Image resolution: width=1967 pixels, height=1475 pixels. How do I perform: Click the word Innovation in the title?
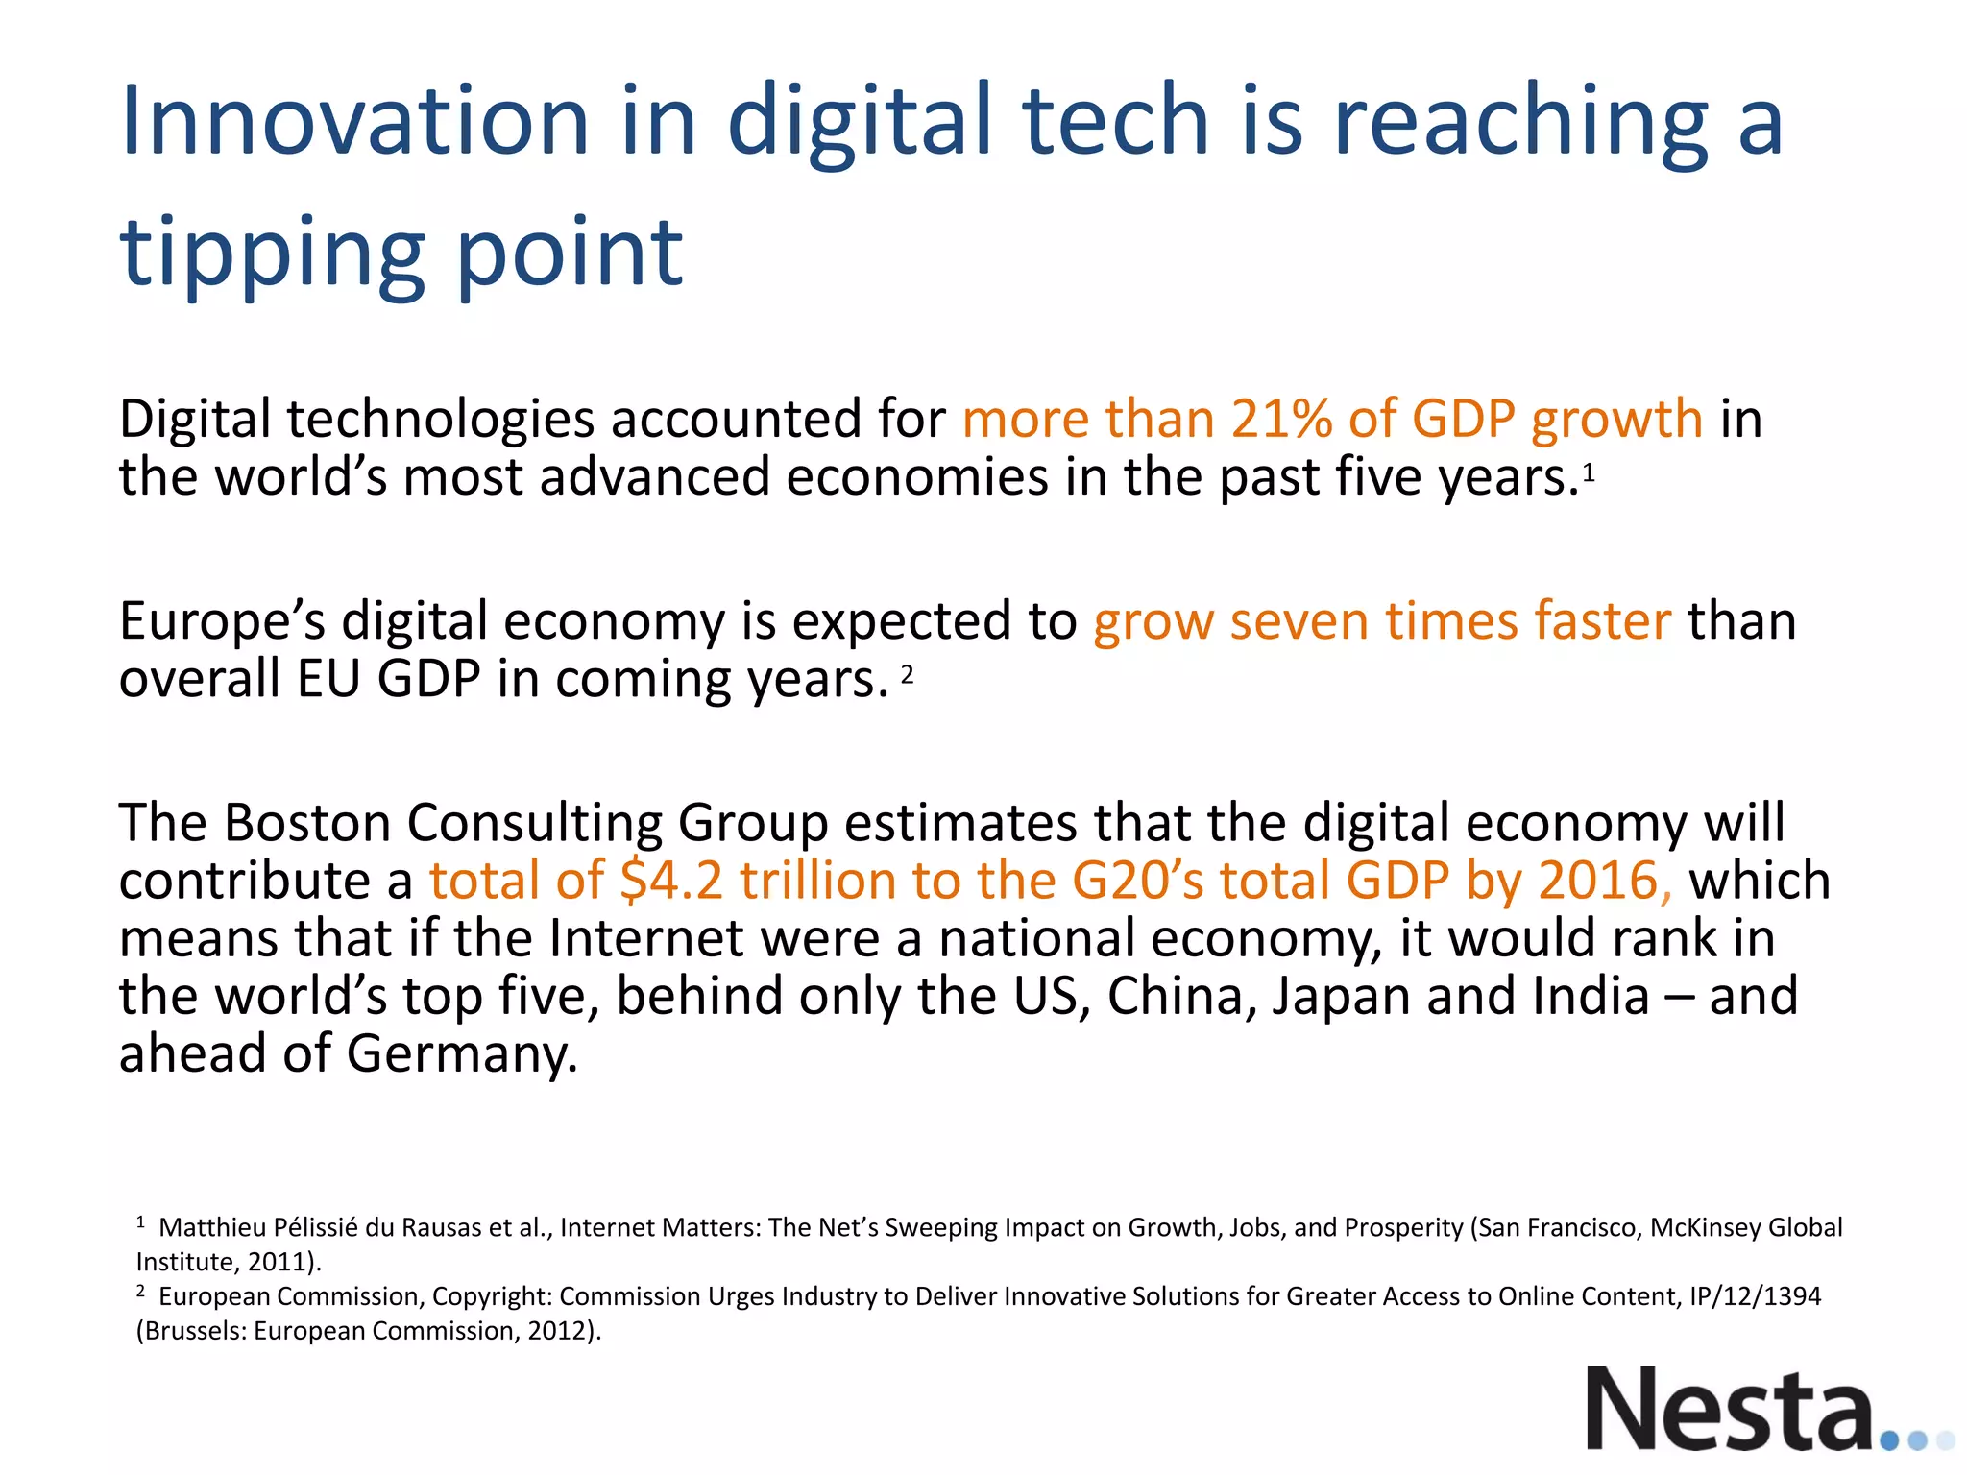354,121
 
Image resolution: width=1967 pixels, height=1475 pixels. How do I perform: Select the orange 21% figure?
1281,420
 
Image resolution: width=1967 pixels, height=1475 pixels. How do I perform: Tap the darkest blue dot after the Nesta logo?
1889,1440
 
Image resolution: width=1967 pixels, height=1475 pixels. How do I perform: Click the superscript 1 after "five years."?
1590,472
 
